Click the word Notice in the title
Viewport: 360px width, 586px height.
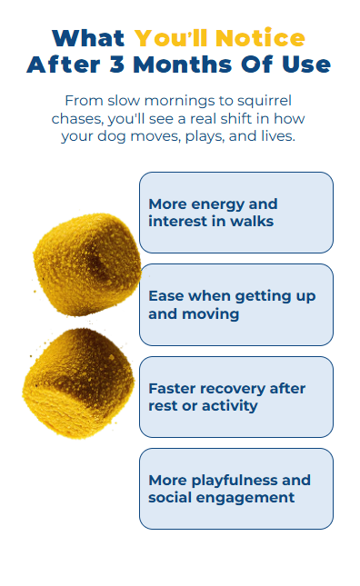click(260, 38)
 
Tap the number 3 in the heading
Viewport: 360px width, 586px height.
click(117, 65)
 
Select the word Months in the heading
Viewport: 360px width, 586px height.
click(183, 65)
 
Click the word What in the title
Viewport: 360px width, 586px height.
click(88, 38)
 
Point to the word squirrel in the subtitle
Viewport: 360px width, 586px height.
click(265, 101)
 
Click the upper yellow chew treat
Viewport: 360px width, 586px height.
click(88, 264)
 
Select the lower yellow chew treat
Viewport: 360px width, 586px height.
click(78, 382)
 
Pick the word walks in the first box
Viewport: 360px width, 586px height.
click(252, 222)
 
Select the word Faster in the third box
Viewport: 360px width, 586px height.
click(173, 389)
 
